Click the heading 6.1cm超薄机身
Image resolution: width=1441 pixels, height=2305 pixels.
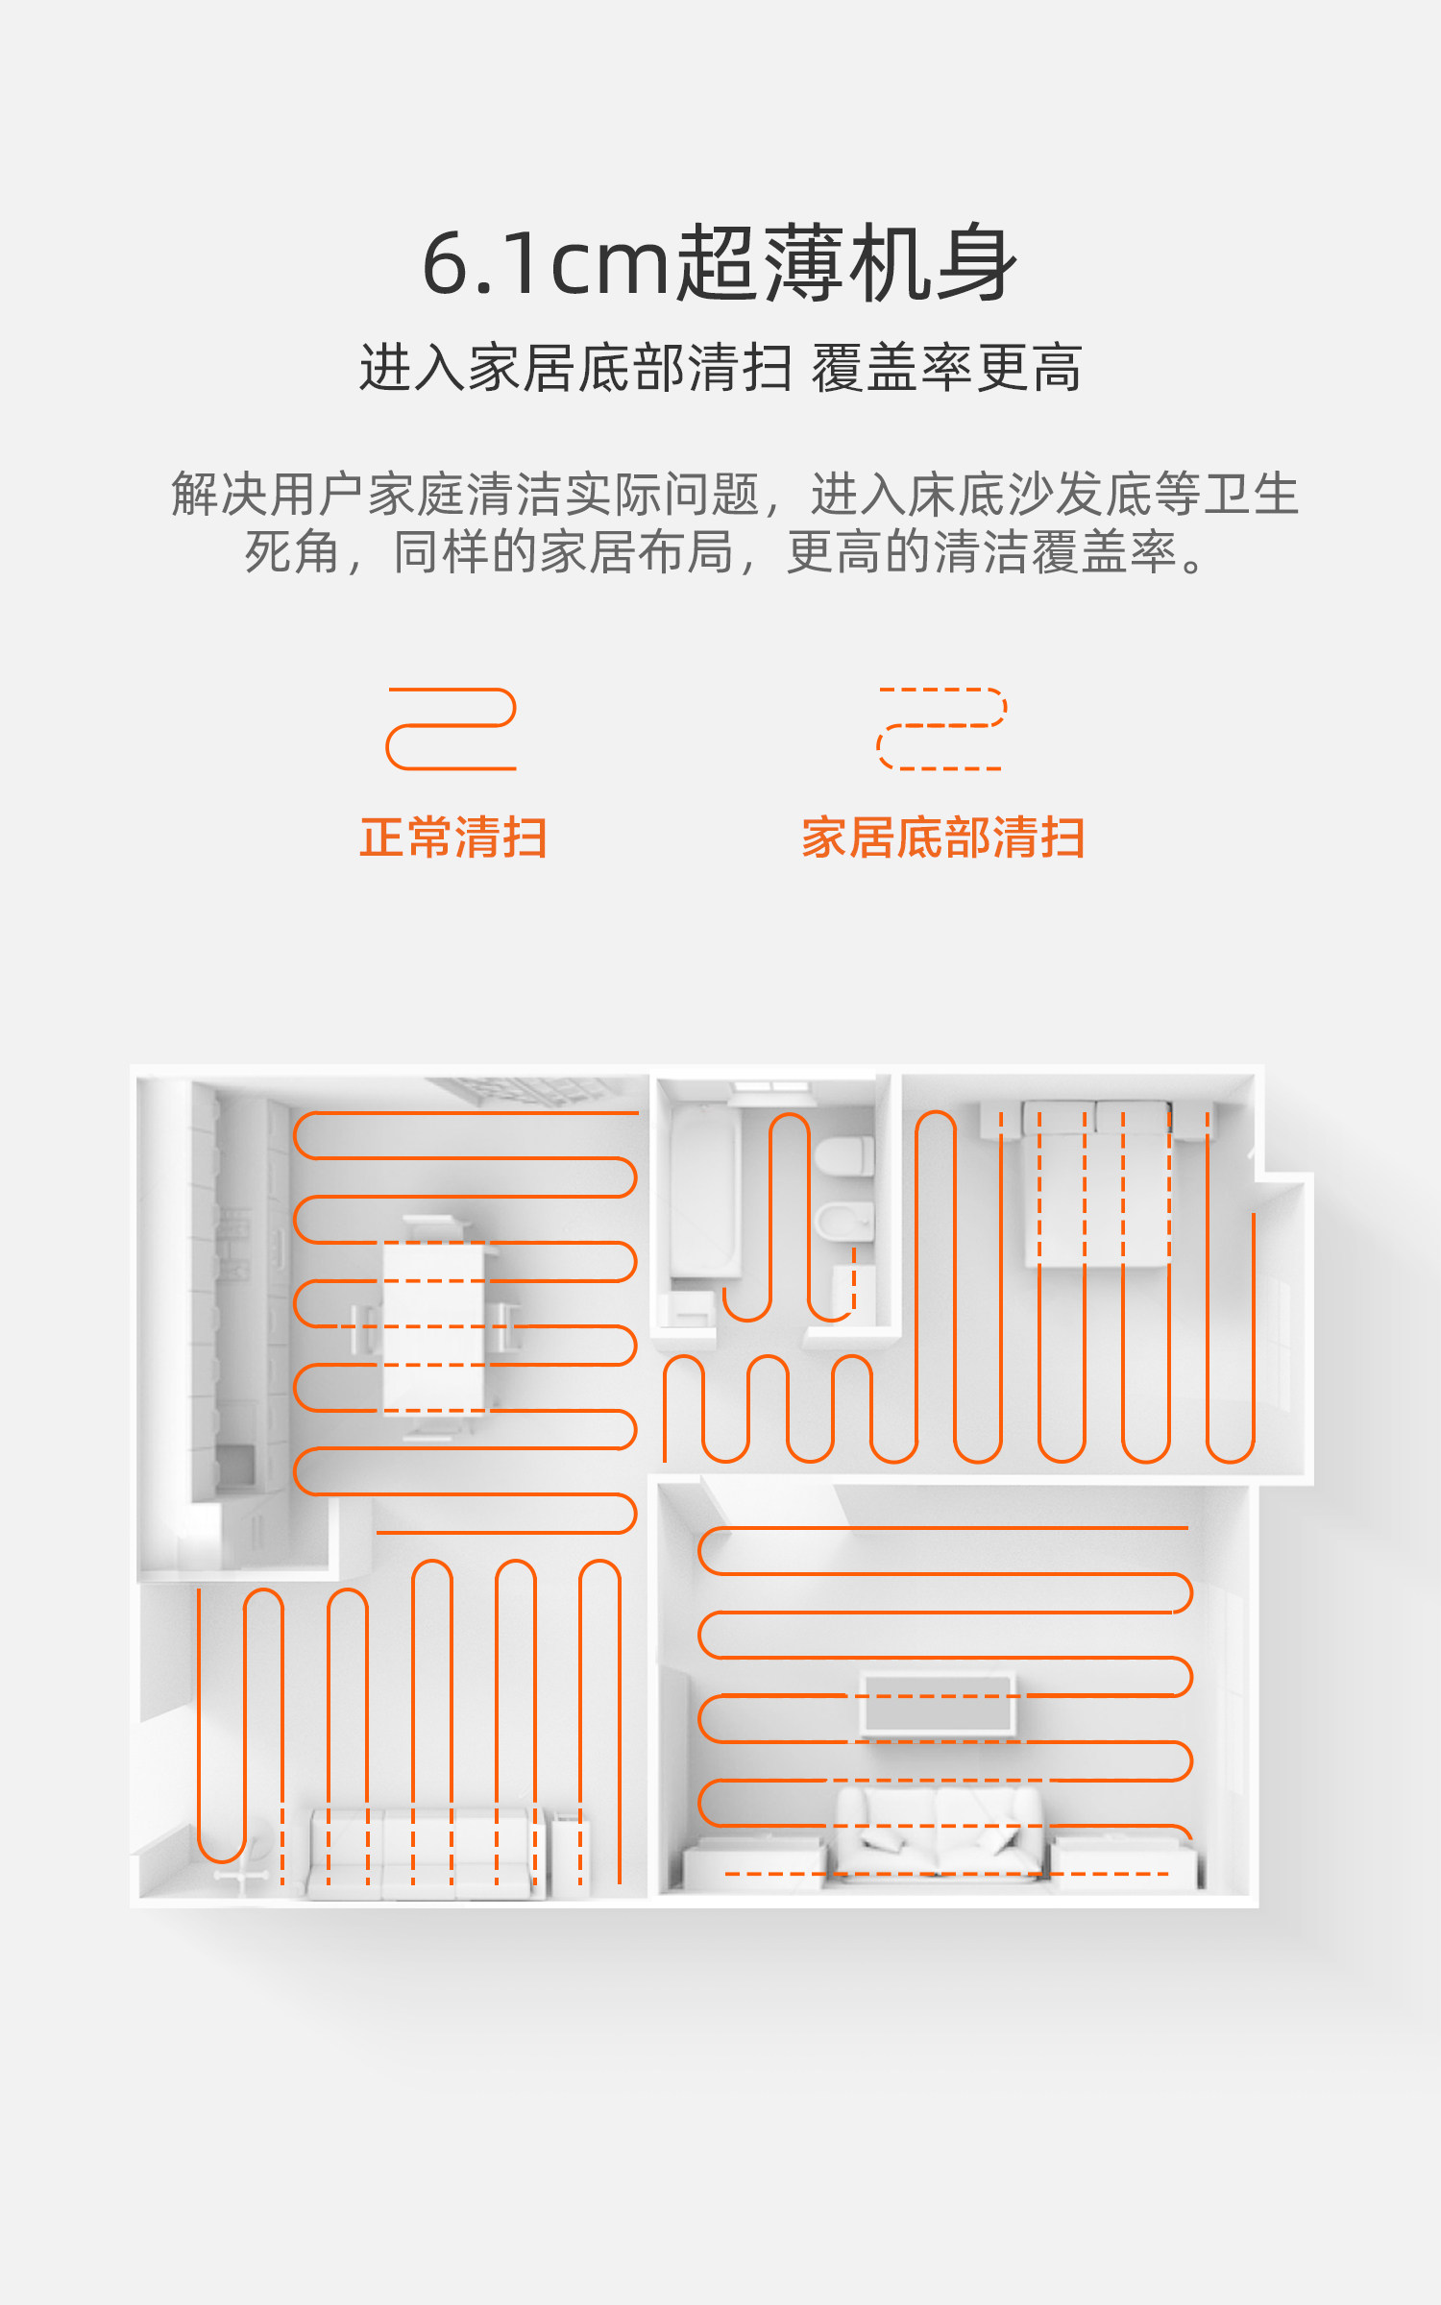[x=720, y=263]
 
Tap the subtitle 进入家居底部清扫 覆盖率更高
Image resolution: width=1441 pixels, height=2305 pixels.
[x=720, y=368]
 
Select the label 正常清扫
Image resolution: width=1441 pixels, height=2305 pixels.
[x=453, y=837]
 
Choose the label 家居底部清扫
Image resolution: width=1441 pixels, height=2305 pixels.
[x=943, y=837]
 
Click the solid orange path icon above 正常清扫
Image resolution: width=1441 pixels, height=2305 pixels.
[x=452, y=729]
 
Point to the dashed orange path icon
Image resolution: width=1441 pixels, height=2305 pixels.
[x=941, y=729]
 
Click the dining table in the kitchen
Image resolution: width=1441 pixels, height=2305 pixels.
[x=433, y=1326]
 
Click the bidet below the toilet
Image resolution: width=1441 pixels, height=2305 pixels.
[x=844, y=1223]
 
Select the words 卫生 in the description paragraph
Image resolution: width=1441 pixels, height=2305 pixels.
[x=1251, y=495]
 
